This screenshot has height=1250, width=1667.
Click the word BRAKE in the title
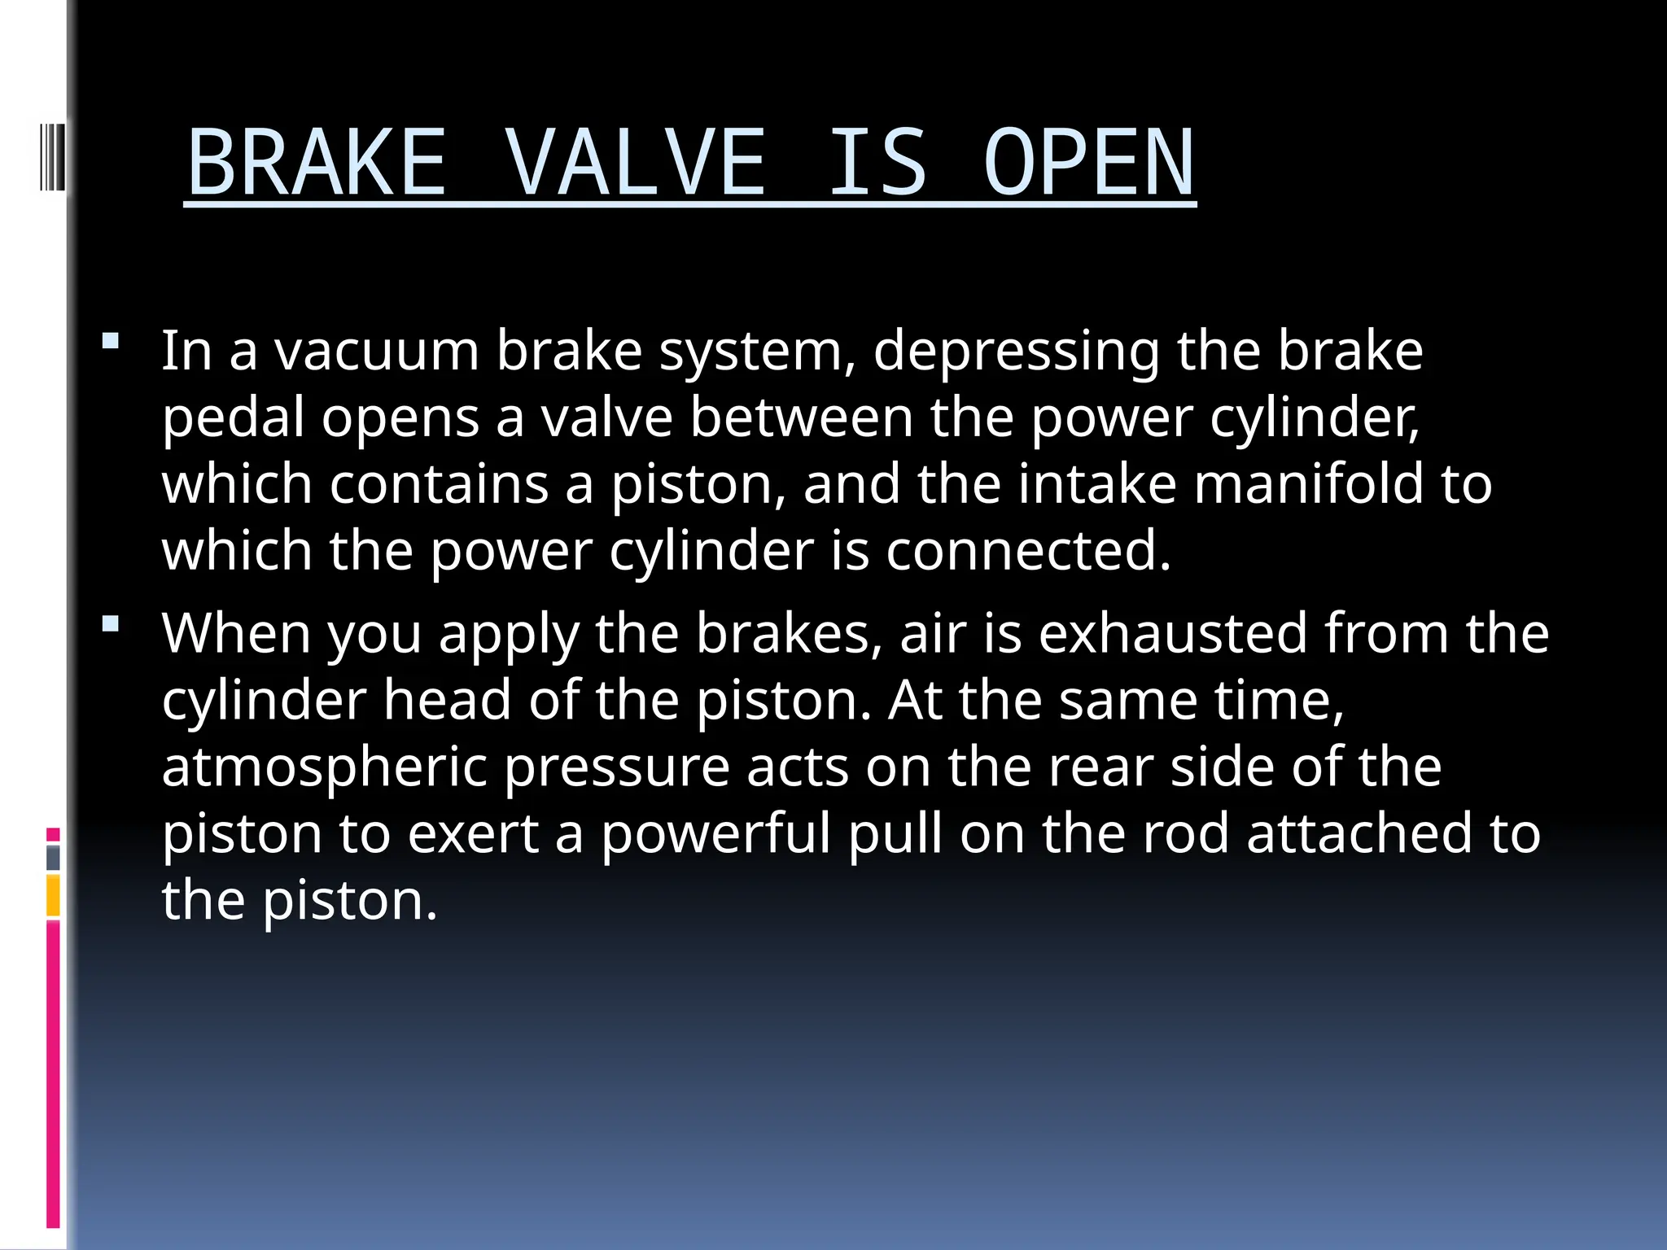[317, 163]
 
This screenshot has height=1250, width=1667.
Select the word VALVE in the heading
[636, 163]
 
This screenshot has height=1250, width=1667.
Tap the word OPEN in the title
[1089, 163]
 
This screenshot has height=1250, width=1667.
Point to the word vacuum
[376, 352]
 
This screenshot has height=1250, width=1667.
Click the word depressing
[1016, 353]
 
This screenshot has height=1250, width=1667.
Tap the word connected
[1027, 551]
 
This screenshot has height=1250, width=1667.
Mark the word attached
[1359, 834]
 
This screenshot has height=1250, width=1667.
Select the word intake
[1097, 484]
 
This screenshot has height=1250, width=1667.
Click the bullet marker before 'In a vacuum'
[112, 341]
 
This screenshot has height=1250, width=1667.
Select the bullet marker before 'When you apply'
[112, 624]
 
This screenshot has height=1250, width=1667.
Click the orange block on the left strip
[53, 895]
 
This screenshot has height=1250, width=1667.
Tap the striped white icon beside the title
[51, 155]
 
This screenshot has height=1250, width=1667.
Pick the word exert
[473, 834]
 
